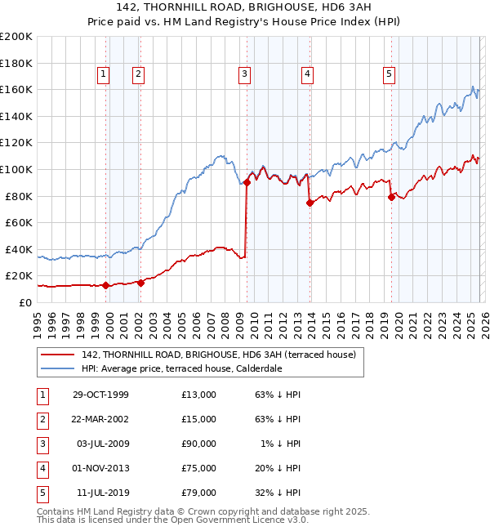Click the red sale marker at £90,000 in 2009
click(x=247, y=183)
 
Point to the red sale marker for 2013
click(x=310, y=203)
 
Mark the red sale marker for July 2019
click(x=391, y=197)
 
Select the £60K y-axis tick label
click(x=19, y=222)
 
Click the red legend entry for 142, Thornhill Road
click(x=218, y=355)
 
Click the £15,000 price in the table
click(x=199, y=419)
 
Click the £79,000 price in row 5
click(x=199, y=493)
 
